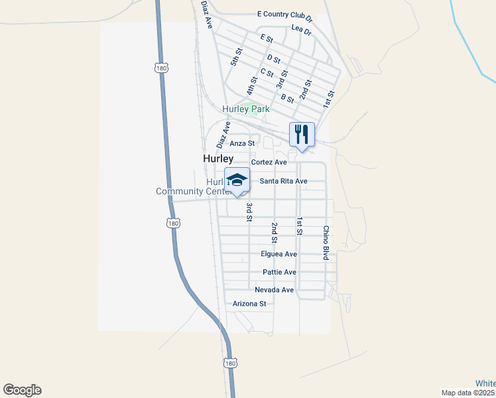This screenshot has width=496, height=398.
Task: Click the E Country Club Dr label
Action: pos(284,15)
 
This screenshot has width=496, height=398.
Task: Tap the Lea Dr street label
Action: pos(301,30)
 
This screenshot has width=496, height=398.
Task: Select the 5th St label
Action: pos(237,56)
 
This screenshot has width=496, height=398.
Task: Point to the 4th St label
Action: pos(251,86)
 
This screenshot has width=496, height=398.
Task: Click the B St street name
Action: pos(287,99)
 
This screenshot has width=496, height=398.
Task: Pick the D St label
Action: pos(274,58)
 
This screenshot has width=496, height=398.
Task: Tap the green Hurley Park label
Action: pos(240,109)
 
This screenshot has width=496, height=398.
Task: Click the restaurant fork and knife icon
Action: pos(302,134)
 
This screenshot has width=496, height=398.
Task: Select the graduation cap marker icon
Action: pos(237,180)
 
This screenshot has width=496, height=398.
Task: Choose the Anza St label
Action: pos(242,143)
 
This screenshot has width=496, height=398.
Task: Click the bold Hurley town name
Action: pos(218,159)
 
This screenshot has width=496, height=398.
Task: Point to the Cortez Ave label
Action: pos(269,162)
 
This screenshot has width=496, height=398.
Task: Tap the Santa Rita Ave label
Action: pos(283,181)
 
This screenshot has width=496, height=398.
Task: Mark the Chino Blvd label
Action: pos(326,243)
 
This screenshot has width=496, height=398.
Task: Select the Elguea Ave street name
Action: pos(279,254)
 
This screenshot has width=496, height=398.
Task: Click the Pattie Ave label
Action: pos(279,272)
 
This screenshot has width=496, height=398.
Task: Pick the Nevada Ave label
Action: pos(274,290)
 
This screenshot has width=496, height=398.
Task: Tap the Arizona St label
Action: pos(249,304)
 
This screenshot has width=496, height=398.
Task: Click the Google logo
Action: pos(22,390)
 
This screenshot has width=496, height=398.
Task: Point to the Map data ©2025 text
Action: pos(468,393)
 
